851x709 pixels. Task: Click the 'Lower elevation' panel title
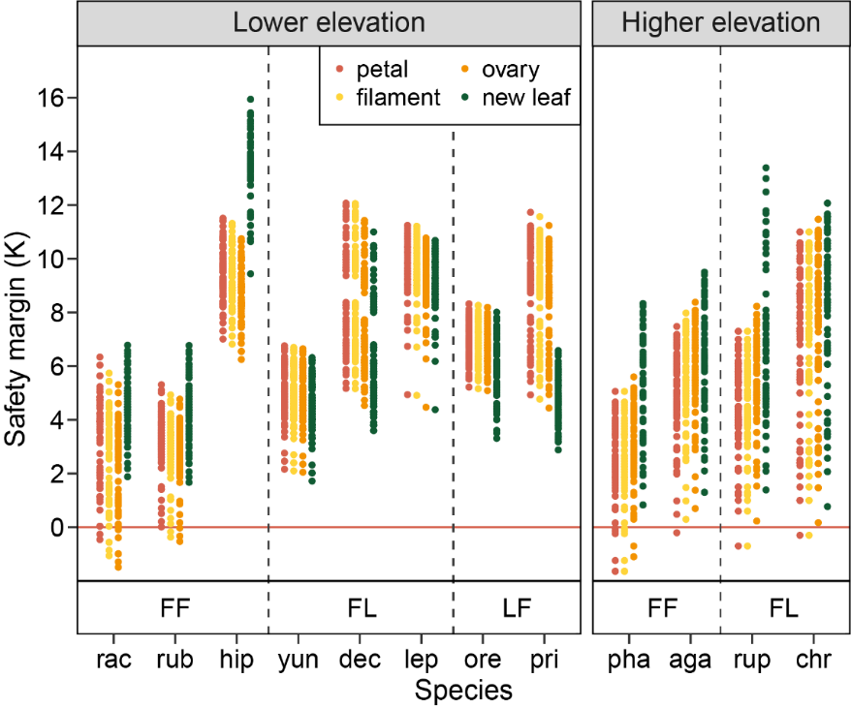coord(329,23)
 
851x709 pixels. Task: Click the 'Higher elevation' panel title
coord(720,23)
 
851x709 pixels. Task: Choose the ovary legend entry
coord(514,69)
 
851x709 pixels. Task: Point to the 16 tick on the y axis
coord(52,98)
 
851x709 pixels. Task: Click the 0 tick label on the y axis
coord(58,528)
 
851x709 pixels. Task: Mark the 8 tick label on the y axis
coord(58,313)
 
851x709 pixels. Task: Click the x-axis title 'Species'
coord(462,691)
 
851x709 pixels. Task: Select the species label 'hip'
coord(236,661)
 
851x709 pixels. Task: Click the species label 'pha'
coord(629,661)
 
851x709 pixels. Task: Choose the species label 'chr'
coord(812,661)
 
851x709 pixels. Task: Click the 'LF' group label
coord(517,608)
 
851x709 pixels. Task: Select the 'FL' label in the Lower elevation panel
coord(362,608)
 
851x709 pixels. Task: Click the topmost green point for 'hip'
coord(250,99)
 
